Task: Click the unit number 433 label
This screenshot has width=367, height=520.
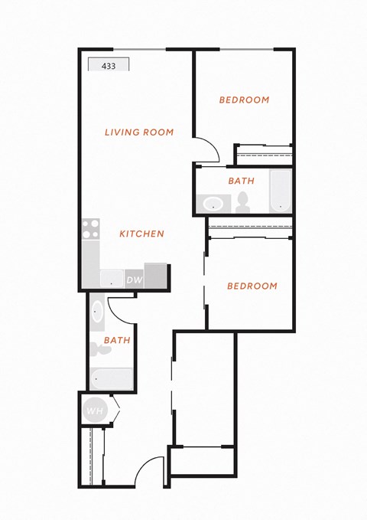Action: (109, 66)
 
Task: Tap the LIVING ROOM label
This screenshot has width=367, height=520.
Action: (139, 132)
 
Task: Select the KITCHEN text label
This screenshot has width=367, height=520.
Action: (141, 234)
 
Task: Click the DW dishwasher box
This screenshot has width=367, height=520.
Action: (135, 280)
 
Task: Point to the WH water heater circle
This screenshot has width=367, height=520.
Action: (96, 411)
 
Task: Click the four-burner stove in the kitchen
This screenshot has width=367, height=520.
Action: (91, 229)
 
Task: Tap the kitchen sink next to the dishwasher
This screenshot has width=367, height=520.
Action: (112, 279)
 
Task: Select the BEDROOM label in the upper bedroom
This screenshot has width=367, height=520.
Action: (245, 100)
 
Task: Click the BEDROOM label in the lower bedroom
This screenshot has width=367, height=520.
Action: (252, 286)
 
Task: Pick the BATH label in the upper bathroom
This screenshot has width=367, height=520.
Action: (242, 181)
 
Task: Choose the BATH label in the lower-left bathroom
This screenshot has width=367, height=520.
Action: (117, 340)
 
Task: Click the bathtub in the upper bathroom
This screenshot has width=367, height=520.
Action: (280, 191)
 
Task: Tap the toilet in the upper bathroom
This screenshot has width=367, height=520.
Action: (243, 202)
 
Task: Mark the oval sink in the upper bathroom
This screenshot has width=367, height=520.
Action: (213, 204)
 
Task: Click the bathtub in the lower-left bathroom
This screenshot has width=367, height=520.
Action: (112, 379)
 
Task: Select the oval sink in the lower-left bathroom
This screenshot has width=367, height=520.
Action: (97, 312)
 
